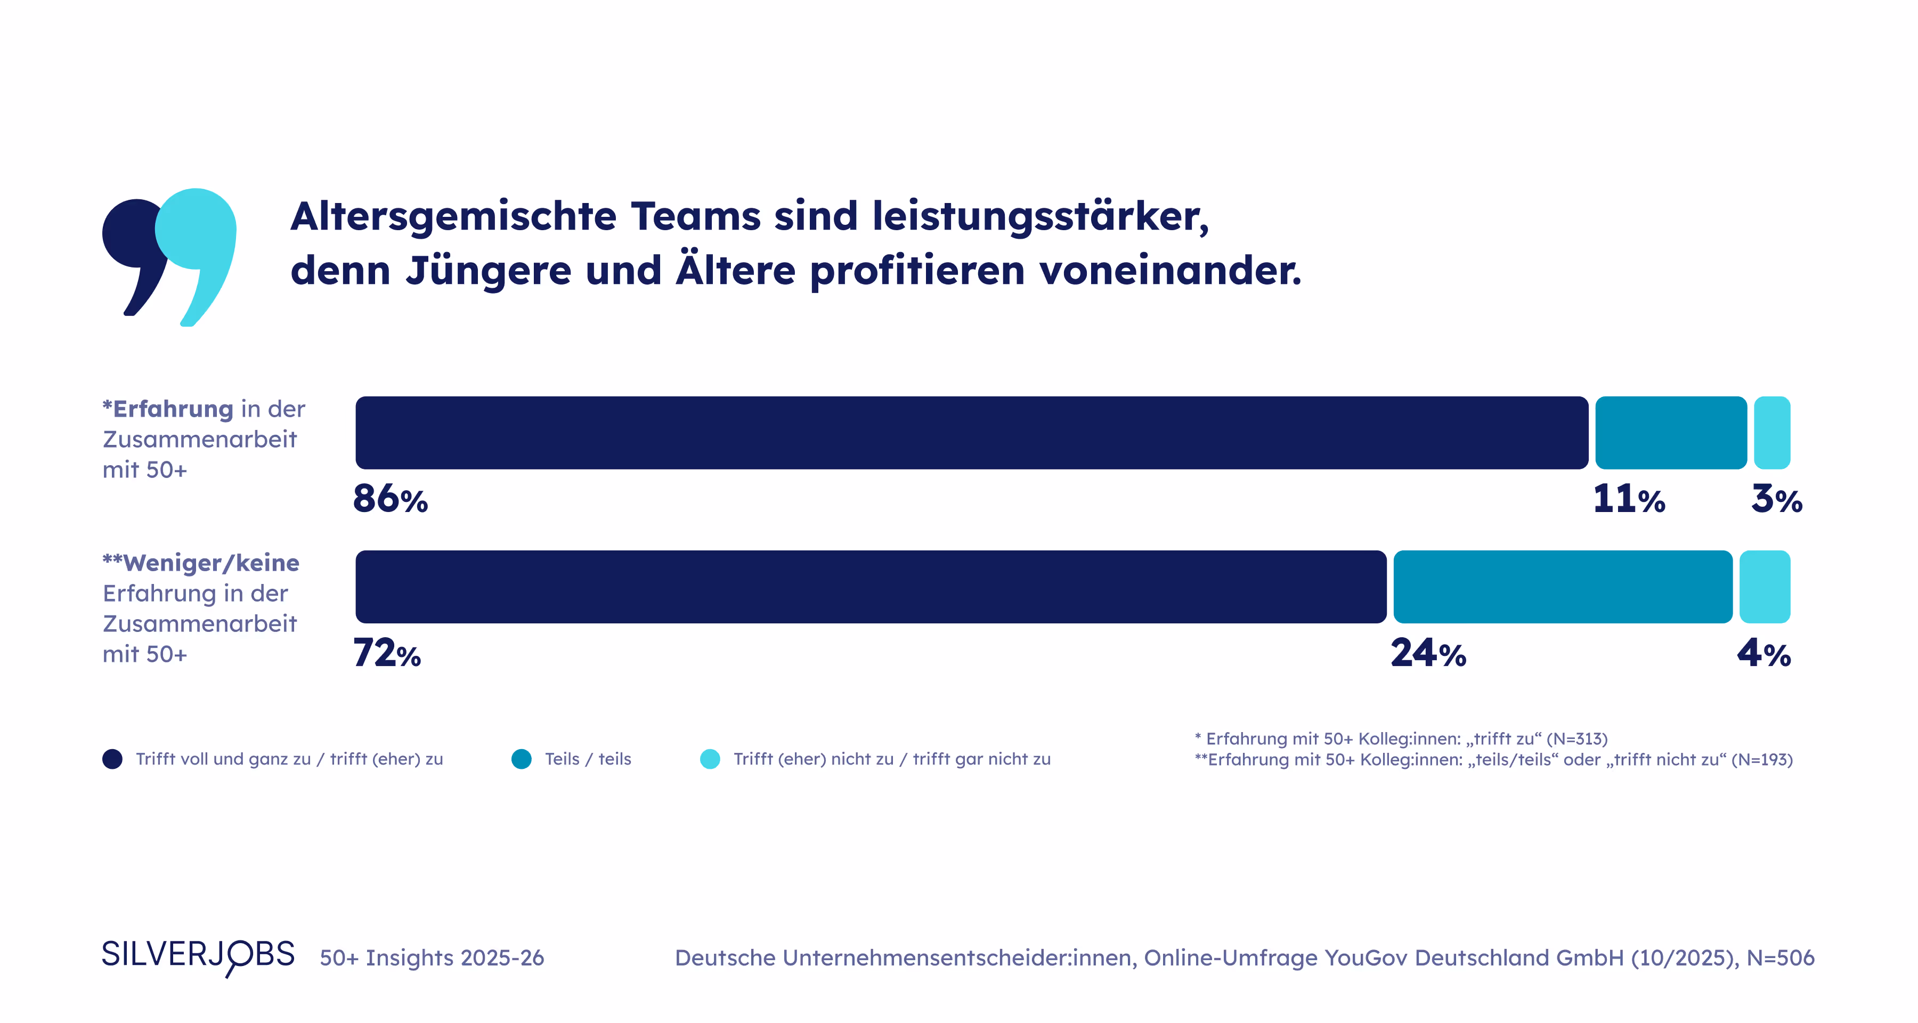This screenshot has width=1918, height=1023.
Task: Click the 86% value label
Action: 390,499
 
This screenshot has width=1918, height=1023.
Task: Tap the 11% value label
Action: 1628,499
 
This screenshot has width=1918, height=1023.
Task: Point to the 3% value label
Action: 1776,499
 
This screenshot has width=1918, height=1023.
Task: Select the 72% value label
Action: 386,654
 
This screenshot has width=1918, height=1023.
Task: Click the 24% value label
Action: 1428,654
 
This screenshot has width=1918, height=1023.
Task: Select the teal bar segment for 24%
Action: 1562,587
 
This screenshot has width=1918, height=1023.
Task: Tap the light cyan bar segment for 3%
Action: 1771,433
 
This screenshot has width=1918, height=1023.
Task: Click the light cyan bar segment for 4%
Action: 1764,587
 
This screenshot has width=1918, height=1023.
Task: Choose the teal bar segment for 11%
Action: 1670,433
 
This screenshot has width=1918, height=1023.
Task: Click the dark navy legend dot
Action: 112,759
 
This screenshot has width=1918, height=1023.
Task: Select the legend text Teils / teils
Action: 588,759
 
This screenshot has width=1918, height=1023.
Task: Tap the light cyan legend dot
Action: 710,759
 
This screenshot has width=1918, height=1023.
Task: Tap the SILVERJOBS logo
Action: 198,955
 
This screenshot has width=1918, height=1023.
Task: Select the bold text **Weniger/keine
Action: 201,563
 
